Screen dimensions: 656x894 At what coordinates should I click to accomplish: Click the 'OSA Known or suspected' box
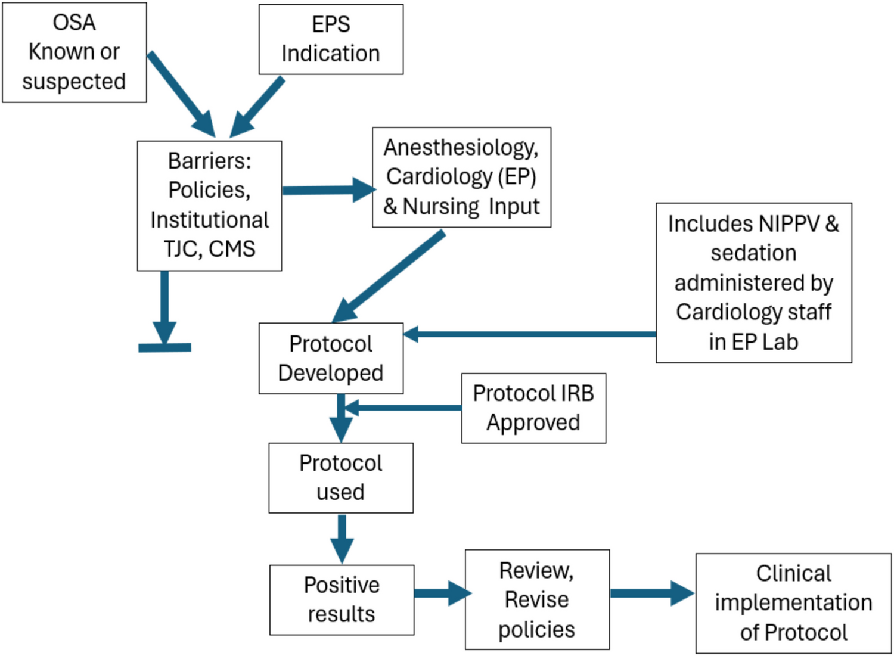74,52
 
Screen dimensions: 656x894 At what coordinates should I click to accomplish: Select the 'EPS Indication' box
331,39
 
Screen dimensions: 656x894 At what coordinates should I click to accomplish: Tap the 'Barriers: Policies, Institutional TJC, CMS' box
209,206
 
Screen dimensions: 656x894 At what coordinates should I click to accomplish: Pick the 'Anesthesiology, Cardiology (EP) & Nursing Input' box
461,177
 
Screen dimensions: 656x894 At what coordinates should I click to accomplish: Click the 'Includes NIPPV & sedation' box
753,282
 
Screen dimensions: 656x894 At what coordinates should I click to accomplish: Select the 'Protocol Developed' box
331,358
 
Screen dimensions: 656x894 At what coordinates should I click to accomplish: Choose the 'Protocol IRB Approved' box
533,408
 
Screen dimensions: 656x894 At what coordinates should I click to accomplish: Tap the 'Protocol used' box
340,477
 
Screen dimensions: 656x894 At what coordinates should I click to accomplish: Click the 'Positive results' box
342,599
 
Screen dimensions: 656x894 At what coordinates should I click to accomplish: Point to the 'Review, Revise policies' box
537,599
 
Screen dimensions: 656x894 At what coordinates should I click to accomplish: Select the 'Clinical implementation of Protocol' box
793,603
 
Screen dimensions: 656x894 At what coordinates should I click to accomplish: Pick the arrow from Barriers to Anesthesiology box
328,190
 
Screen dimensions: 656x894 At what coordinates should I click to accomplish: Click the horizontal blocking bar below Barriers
164,347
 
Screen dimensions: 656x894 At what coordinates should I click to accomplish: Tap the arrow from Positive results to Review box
441,593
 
